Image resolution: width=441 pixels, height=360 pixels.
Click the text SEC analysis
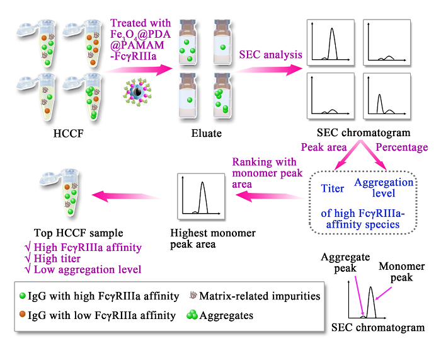click(263, 55)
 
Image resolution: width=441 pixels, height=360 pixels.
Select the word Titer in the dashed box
click(332, 188)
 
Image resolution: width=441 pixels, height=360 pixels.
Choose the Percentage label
click(401, 148)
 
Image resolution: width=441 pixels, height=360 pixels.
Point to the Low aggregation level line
click(84, 270)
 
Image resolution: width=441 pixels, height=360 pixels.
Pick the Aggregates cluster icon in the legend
click(191, 315)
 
